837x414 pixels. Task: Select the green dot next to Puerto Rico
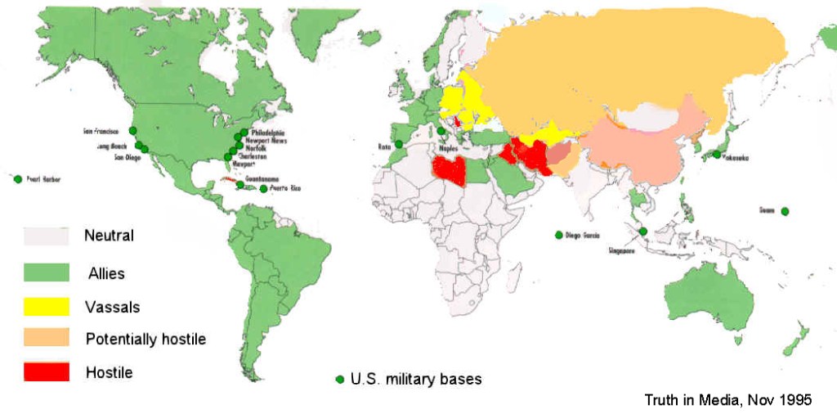[x=263, y=189]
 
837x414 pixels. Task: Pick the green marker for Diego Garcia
[x=559, y=235]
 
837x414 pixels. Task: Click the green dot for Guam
[x=785, y=212]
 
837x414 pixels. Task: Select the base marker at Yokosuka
[x=717, y=155]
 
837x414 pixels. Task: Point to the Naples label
[x=448, y=150]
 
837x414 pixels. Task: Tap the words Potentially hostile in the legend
[x=145, y=339]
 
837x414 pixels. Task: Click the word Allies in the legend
[x=106, y=272]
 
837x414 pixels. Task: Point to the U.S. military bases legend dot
[x=339, y=379]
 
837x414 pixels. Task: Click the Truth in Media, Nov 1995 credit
[x=727, y=400]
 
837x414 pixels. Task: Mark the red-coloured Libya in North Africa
[x=450, y=171]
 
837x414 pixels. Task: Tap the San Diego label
[x=114, y=158]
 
